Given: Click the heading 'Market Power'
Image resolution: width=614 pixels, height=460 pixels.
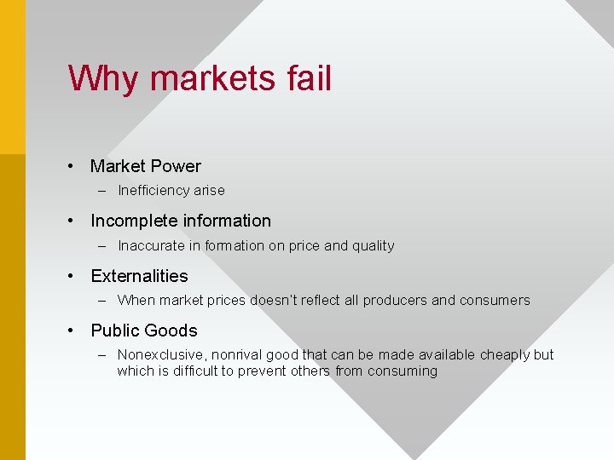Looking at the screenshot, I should [x=146, y=166].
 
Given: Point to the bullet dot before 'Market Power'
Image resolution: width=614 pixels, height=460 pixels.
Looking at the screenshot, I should [x=74, y=166].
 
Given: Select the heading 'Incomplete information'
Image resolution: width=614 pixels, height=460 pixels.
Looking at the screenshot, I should [x=181, y=221].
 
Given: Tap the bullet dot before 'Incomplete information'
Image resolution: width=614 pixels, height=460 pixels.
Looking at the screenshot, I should [x=74, y=221].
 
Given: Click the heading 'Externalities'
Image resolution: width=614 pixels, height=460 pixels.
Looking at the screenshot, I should [x=139, y=276].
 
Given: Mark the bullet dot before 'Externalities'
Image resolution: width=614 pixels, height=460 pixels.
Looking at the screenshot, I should [x=74, y=276].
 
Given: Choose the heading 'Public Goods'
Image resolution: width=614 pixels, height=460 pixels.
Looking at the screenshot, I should [x=144, y=331].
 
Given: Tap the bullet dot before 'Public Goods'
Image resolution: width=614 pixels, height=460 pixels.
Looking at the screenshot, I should [x=74, y=331].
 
